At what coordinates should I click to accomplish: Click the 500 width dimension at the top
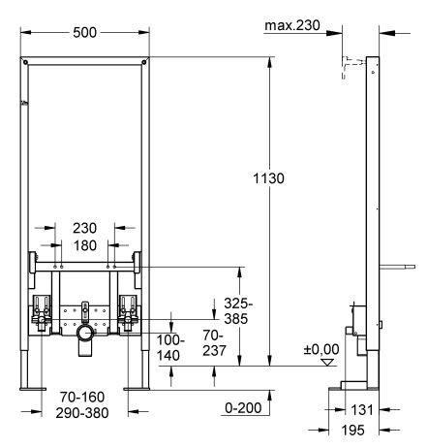click(85, 31)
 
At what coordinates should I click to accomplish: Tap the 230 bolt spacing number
click(85, 229)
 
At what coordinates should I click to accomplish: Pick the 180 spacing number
click(85, 245)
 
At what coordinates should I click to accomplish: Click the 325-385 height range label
click(234, 308)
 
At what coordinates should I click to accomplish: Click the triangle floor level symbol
click(327, 363)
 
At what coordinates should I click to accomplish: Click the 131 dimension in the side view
click(362, 410)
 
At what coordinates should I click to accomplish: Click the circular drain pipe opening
click(85, 334)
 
